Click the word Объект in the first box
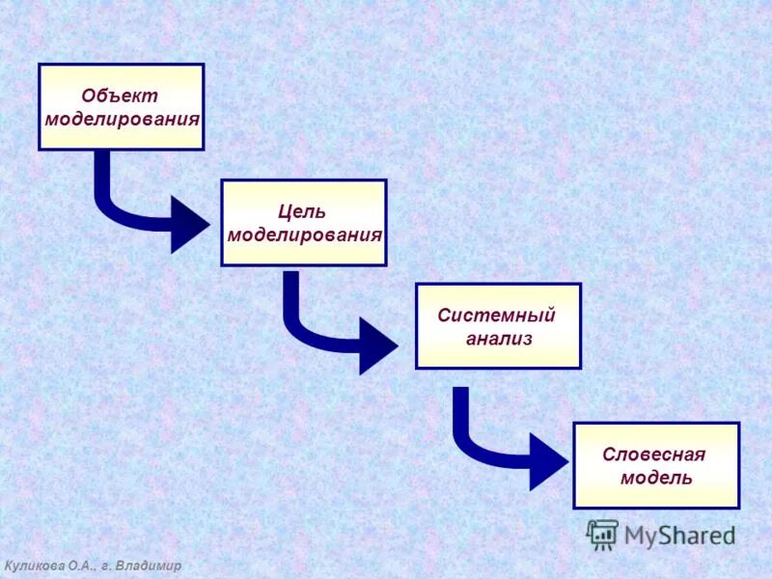tap(120, 96)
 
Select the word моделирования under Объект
tap(122, 120)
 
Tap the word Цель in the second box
tap(302, 211)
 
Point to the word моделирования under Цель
tap(305, 235)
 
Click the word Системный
tap(496, 316)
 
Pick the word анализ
tap(499, 339)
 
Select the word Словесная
tap(654, 455)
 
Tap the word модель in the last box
tap(656, 478)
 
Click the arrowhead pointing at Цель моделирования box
tap(190, 225)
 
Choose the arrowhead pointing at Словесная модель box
tap(549, 461)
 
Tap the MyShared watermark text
tap(679, 536)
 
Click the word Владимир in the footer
tap(148, 565)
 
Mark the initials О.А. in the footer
tap(80, 565)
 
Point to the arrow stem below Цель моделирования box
tap(290, 294)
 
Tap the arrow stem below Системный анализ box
tap(461, 410)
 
